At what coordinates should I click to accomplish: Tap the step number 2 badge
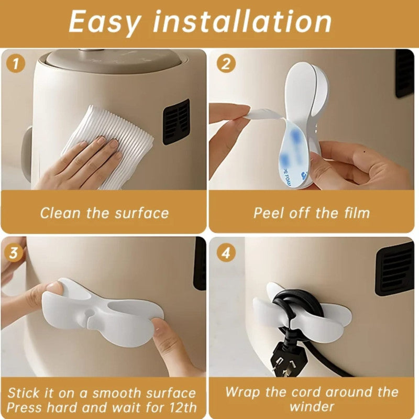(226, 64)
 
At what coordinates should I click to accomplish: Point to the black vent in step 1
(175, 122)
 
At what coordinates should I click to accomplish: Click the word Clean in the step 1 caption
(58, 213)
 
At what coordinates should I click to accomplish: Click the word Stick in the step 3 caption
(25, 393)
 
